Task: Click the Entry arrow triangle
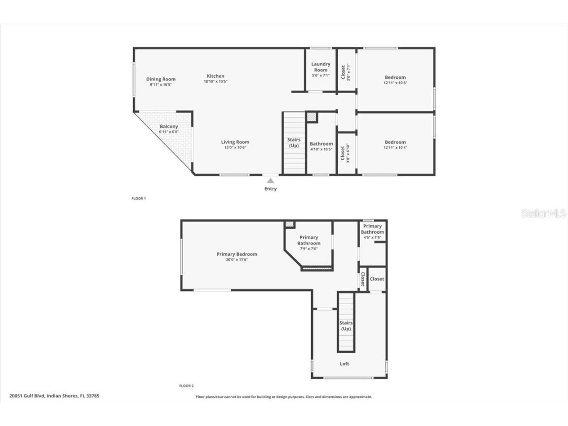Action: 270,181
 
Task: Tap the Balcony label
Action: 169,127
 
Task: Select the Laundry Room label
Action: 320,67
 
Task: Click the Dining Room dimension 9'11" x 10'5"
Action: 161,85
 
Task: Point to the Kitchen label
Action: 215,76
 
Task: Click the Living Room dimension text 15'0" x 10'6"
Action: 235,147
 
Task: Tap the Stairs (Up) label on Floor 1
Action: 294,142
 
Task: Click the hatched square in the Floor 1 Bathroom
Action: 312,117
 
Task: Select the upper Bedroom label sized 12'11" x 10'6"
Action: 395,77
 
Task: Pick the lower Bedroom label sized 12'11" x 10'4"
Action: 395,142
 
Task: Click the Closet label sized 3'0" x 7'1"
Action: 343,72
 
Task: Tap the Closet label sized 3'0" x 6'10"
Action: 343,152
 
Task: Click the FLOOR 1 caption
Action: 139,198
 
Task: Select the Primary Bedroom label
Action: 237,254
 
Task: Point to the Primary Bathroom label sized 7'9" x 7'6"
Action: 309,240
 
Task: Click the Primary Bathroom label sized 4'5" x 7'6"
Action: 372,229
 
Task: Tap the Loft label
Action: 344,364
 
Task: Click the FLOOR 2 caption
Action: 186,386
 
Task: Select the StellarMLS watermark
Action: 544,213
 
